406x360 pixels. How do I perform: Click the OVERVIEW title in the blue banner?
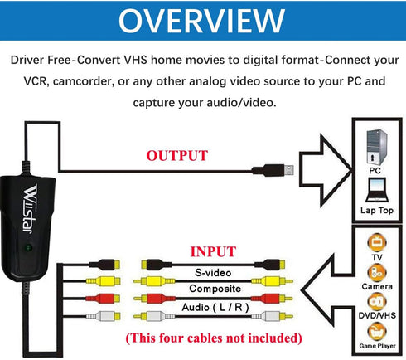coord(201,21)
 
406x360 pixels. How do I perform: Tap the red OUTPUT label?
coord(176,156)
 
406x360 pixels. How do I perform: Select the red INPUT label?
coord(213,251)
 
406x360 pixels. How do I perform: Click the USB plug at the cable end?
coord(273,170)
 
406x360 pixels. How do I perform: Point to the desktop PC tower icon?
coord(377,147)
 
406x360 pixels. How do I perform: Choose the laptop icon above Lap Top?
coord(377,190)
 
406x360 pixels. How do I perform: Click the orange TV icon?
coord(377,242)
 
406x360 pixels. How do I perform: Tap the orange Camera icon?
coord(377,273)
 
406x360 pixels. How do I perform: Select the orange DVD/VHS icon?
coord(377,302)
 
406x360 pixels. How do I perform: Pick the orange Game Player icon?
coord(377,332)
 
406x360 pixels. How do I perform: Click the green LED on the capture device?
coord(28,247)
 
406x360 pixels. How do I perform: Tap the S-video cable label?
coord(213,273)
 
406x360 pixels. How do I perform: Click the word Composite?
coord(215,289)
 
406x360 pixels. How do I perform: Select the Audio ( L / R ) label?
coord(215,307)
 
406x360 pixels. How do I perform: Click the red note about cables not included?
coord(214,338)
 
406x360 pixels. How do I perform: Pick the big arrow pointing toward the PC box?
coord(326,170)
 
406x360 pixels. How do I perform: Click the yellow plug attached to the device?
coord(103,282)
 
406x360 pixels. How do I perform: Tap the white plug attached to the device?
coord(103,316)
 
